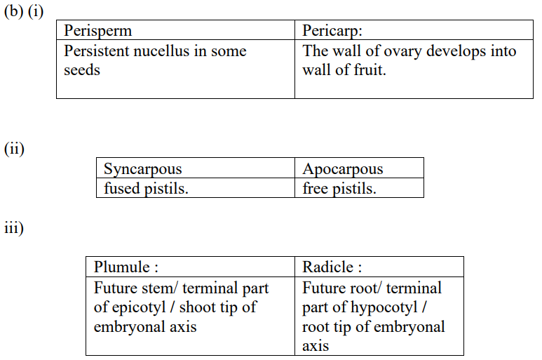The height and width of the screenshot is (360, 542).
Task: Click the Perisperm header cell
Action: (x=175, y=30)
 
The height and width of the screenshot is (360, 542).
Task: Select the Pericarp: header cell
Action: (x=414, y=30)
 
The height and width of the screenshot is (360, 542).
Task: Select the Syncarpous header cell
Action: (x=196, y=168)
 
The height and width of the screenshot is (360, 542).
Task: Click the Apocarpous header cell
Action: (x=359, y=168)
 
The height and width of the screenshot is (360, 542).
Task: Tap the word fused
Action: (x=122, y=188)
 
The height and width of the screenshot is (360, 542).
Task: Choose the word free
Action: (x=315, y=188)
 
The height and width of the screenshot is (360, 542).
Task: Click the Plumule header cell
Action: (x=190, y=267)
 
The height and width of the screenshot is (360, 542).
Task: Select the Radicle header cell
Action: (x=379, y=267)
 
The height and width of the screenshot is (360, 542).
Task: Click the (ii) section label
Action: (x=14, y=149)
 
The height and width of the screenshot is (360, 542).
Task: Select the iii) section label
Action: (x=14, y=228)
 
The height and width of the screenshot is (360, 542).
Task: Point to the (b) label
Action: (x=13, y=11)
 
